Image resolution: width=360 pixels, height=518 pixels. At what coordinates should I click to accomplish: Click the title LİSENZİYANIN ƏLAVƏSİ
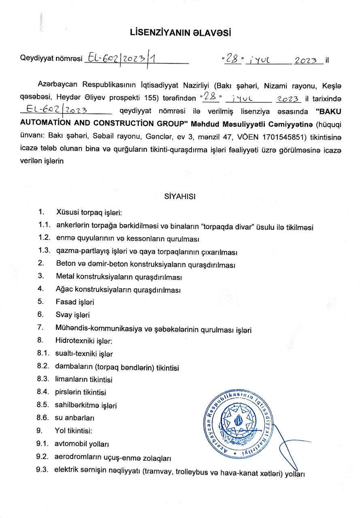pyautogui.click(x=180, y=33)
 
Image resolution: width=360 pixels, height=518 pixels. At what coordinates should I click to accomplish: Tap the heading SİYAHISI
pyautogui.click(x=180, y=197)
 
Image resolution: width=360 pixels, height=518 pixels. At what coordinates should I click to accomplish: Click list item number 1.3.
pyautogui.click(x=44, y=251)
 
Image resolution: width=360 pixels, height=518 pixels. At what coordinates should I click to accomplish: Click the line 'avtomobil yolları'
pyautogui.click(x=82, y=444)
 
